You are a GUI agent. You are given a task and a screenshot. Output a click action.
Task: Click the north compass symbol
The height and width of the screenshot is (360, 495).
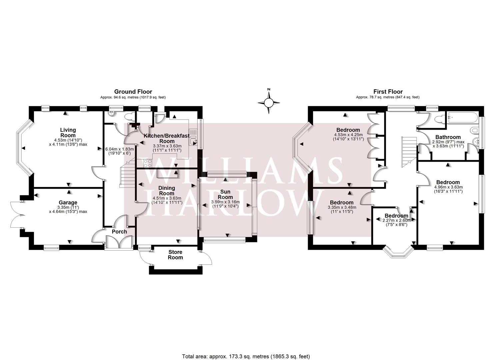coord(269,102)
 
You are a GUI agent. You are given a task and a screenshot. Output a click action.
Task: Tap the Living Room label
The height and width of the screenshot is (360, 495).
coord(68,133)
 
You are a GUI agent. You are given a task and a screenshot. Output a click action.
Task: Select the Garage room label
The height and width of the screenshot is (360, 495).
coord(68,202)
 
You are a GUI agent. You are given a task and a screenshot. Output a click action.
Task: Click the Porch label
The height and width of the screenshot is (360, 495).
coord(119,232)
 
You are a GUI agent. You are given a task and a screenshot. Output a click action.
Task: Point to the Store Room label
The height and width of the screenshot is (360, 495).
coord(175,255)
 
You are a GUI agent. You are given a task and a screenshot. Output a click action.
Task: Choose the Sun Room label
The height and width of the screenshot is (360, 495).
coord(226,194)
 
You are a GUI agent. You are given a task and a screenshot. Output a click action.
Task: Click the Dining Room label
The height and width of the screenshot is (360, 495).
coord(166,191)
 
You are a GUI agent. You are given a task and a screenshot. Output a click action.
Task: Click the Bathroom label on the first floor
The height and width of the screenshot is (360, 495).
coord(448,137)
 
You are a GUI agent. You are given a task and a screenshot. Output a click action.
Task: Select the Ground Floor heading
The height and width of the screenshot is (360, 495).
coord(133,92)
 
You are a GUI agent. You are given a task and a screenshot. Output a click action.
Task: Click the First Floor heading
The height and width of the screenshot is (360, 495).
coord(388,92)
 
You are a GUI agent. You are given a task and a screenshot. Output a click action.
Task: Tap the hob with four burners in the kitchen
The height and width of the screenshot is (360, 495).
coord(148,163)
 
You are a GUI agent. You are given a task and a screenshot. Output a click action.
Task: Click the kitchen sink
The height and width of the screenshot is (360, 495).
coord(193,142)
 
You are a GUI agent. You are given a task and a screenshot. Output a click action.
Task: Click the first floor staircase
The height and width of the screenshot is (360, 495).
coord(409,152)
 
